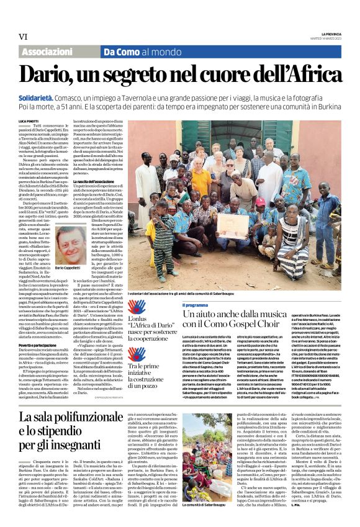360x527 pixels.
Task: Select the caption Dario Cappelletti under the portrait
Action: (71, 266)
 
